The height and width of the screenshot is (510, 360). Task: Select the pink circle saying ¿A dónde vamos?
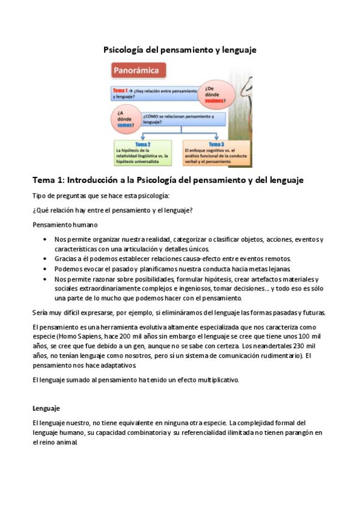pos(126,117)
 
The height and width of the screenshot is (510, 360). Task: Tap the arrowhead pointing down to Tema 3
pos(217,138)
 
